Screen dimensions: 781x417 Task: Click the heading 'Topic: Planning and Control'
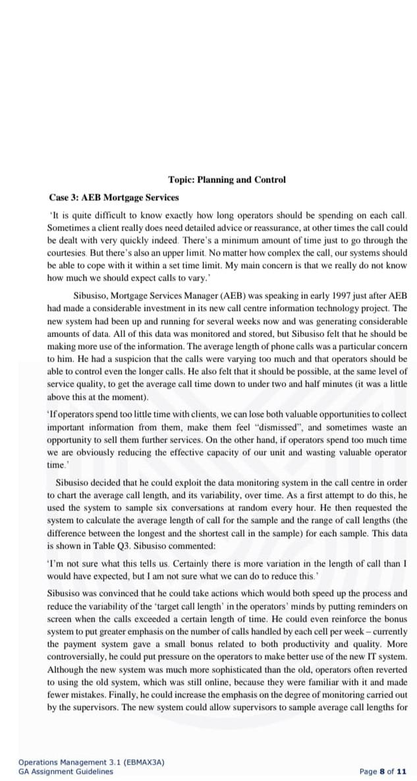[x=227, y=179]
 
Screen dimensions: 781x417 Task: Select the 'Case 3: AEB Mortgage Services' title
[x=113, y=197]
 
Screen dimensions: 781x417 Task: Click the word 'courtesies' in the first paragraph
[x=68, y=252]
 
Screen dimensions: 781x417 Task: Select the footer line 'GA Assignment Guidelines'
[x=65, y=771]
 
